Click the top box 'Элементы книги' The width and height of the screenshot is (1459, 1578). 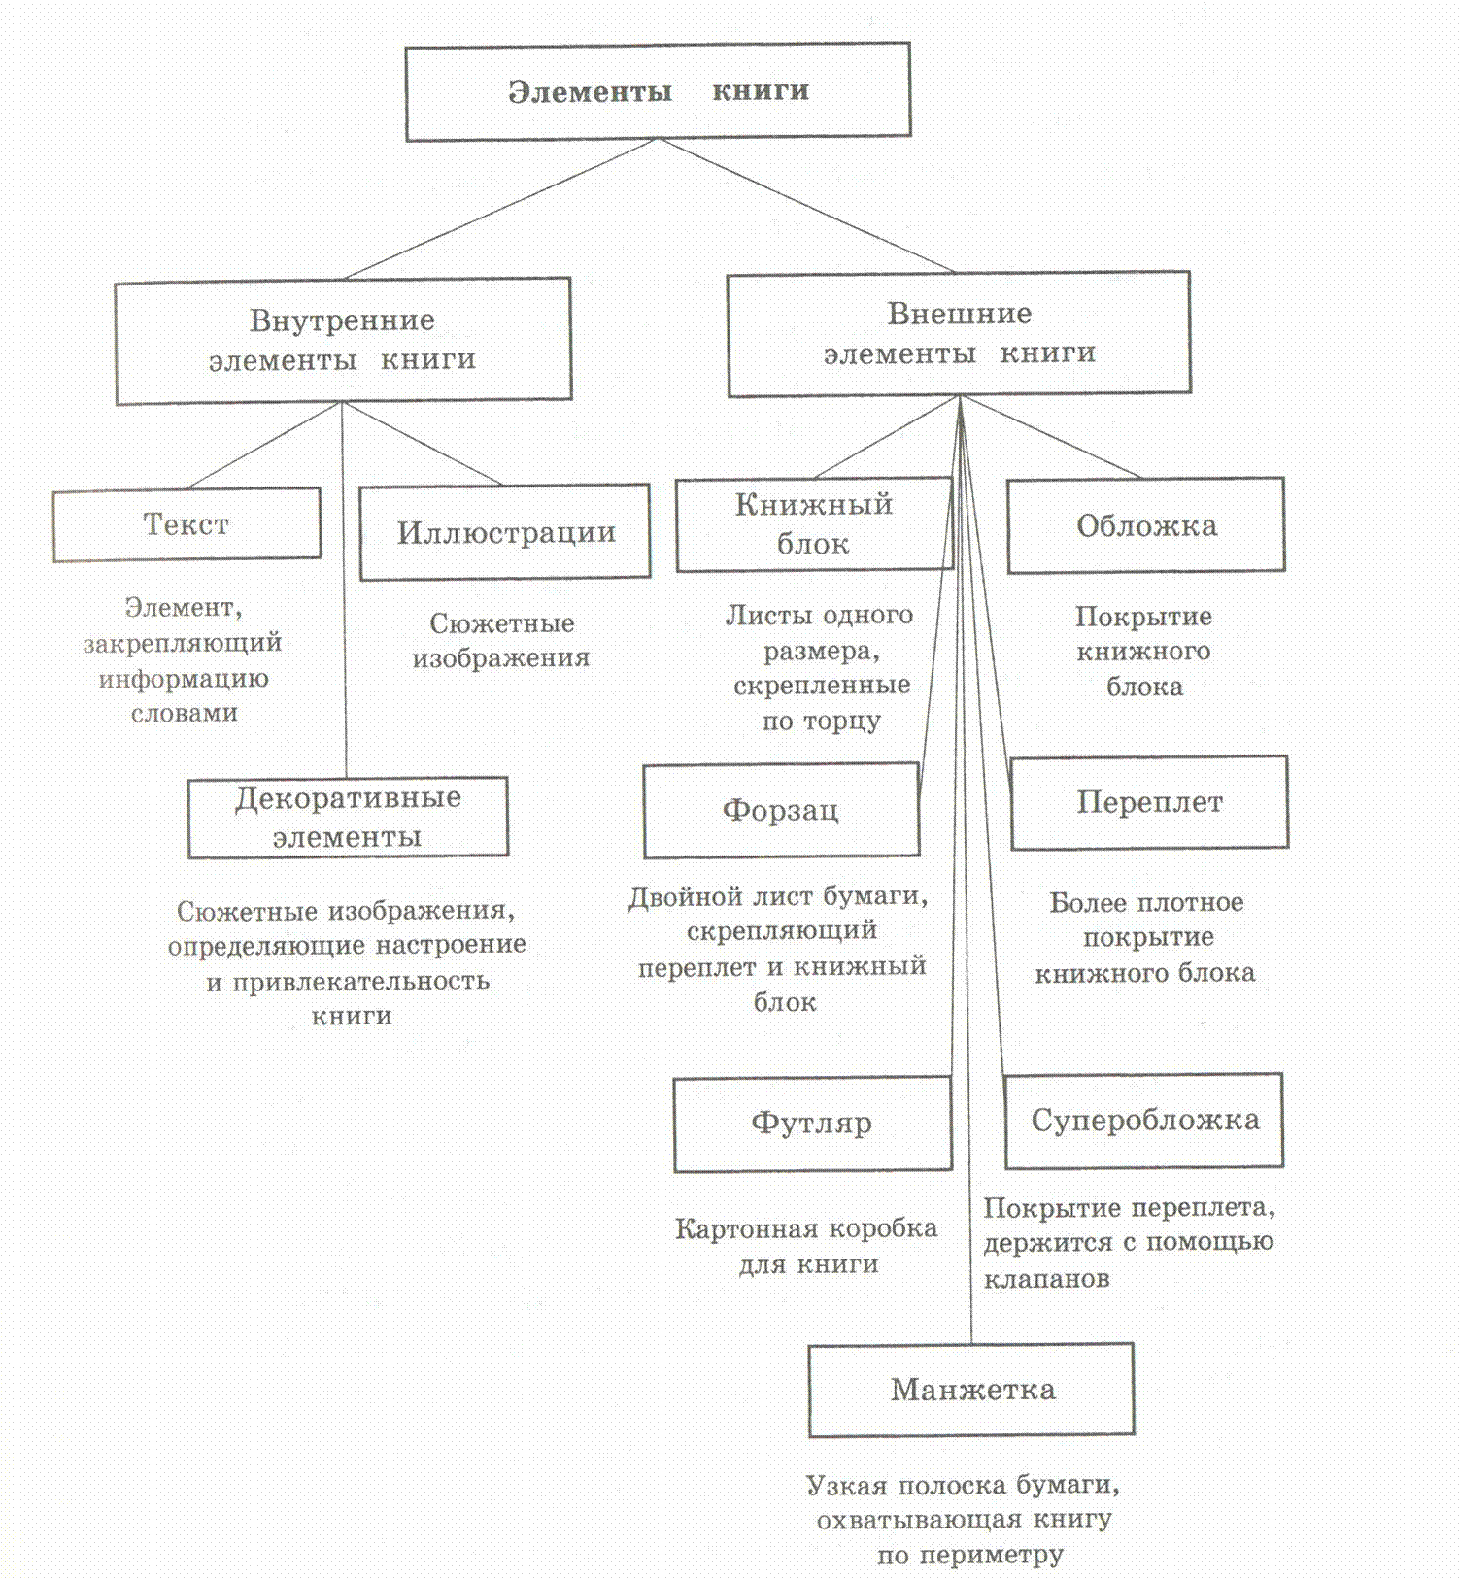658,91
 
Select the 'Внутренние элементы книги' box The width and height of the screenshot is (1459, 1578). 343,340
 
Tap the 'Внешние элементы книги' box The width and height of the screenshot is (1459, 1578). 959,333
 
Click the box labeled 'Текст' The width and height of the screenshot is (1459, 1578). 187,524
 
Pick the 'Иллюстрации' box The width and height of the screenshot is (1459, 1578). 505,532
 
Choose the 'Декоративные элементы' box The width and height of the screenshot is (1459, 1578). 348,817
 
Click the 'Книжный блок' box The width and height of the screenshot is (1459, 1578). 813,523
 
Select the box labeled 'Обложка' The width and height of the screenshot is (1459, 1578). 1146,525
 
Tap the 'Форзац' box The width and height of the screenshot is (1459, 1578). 781,810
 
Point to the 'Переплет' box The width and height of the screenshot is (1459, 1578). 1149,802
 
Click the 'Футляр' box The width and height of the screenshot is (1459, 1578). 811,1123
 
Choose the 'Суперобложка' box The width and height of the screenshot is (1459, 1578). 1144,1120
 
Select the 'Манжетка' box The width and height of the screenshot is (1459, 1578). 971,1390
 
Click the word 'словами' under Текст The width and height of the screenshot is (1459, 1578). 185,713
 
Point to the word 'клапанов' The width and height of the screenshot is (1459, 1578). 1046,1279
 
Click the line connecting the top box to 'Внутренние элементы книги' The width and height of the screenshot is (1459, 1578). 500,209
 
